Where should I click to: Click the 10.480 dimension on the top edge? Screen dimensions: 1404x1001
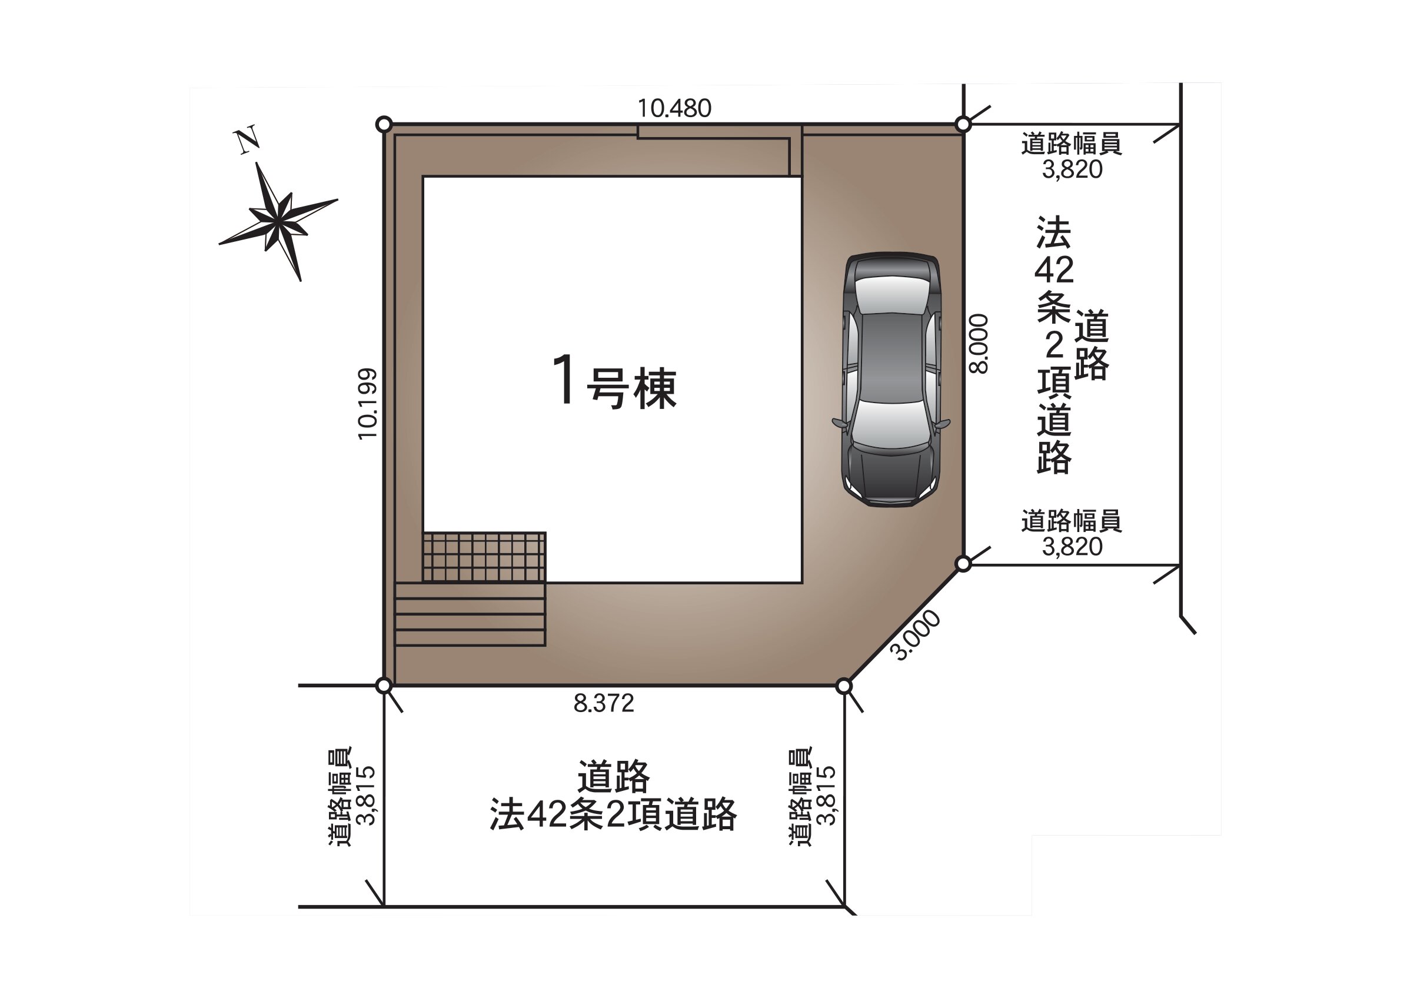674,108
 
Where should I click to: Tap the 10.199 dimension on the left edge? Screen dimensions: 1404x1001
368,404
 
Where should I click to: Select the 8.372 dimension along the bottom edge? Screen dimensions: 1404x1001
603,703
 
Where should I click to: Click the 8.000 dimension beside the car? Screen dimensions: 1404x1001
978,344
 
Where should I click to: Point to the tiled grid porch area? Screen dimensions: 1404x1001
484,557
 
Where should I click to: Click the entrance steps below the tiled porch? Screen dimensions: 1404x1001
470,614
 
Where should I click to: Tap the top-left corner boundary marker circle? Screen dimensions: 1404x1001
384,125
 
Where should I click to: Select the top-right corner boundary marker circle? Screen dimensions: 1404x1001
963,125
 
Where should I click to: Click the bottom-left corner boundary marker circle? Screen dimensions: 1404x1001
384,686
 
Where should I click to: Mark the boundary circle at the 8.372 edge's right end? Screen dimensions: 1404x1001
844,686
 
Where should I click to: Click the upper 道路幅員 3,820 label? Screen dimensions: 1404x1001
1072,156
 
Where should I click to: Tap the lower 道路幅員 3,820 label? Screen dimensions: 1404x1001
1072,534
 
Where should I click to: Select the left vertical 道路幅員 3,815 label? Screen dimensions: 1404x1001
351,796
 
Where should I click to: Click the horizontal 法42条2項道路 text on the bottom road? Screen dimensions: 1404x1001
613,815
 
